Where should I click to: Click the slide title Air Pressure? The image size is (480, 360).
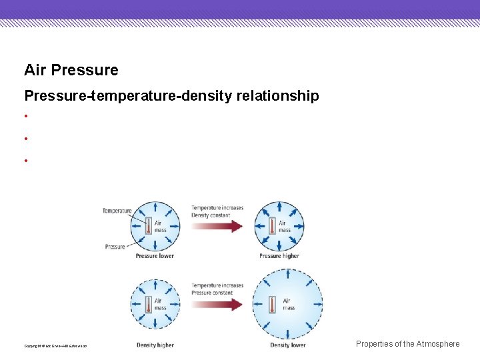tap(71, 70)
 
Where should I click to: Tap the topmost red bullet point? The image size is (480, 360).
tap(25, 117)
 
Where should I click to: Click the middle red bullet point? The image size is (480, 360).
tap(25, 139)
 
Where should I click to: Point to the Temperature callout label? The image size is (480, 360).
tap(117, 211)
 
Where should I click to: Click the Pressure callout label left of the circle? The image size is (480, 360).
tap(115, 247)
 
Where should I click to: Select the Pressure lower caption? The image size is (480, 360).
tap(155, 256)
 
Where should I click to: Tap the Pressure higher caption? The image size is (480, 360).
tap(279, 256)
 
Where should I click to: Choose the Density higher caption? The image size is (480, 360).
tap(155, 345)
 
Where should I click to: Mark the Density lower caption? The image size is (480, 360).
tap(288, 345)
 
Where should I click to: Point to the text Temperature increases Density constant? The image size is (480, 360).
tap(217, 211)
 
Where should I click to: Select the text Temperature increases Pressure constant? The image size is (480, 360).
tap(217, 289)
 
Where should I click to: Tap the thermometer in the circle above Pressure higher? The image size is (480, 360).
tap(272, 227)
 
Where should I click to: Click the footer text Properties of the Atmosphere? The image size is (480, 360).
tap(407, 344)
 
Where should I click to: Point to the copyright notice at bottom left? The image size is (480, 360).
tap(55, 345)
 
